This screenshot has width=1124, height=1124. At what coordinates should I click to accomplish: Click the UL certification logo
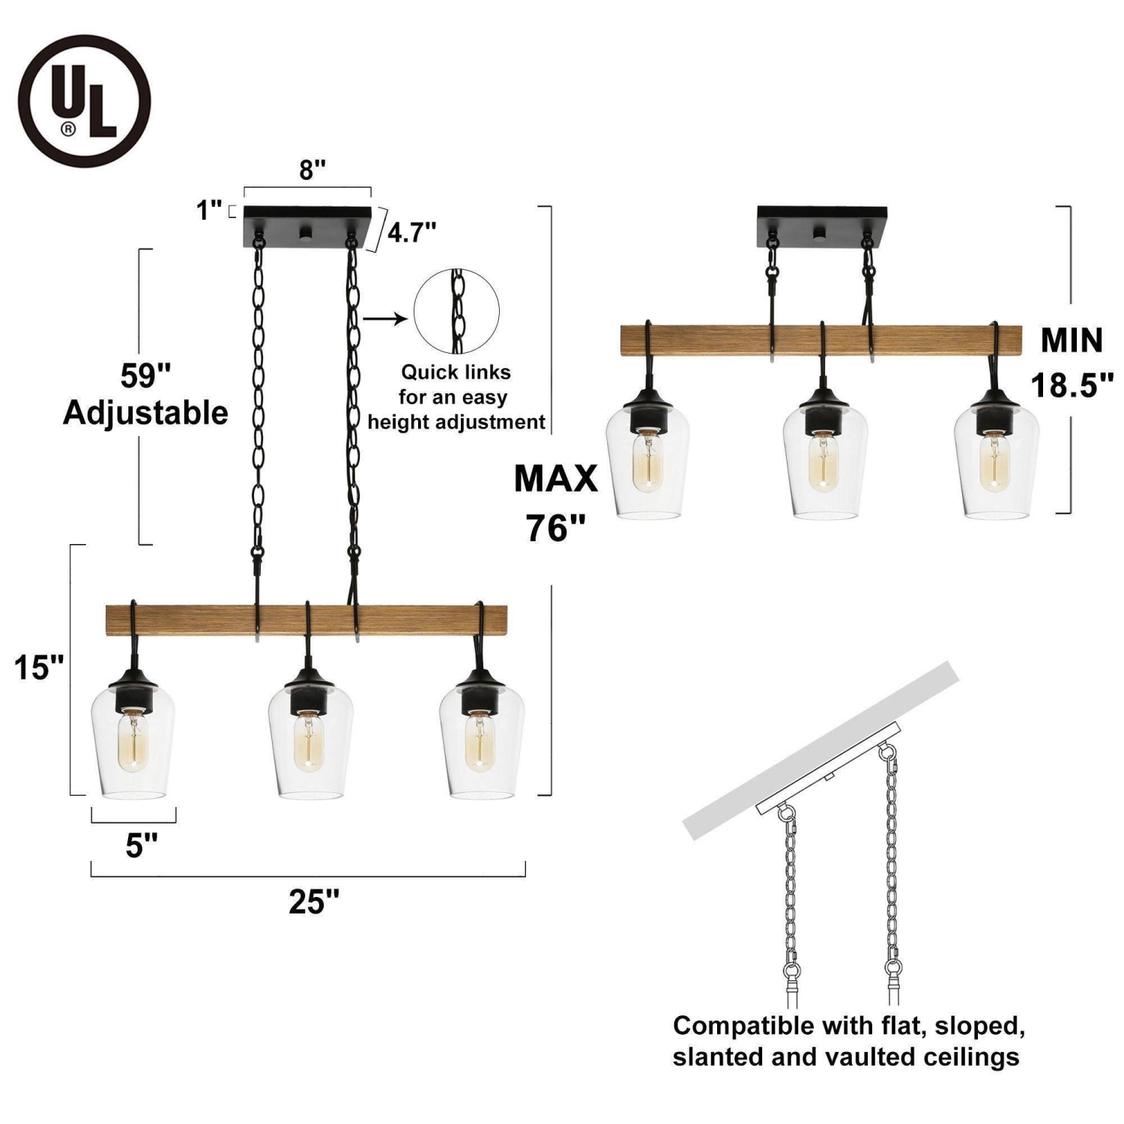click(x=84, y=101)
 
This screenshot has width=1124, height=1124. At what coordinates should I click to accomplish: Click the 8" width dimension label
click(x=312, y=171)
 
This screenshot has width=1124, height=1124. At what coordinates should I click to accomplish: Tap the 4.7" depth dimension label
click(x=411, y=233)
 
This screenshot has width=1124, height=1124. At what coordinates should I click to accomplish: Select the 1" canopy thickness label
click(x=211, y=211)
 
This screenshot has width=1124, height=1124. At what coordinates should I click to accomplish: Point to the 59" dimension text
click(x=146, y=375)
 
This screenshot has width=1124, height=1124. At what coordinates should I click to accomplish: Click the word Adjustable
click(x=145, y=413)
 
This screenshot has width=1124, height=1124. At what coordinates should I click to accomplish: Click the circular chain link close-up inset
click(x=456, y=311)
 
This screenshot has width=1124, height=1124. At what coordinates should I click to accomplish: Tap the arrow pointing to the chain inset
click(x=386, y=319)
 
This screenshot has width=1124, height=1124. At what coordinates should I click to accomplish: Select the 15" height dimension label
click(x=39, y=667)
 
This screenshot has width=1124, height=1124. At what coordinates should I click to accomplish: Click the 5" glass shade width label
click(x=141, y=845)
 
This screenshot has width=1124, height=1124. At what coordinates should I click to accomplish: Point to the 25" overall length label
click(x=314, y=901)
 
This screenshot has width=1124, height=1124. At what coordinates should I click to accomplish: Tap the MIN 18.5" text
click(x=1072, y=363)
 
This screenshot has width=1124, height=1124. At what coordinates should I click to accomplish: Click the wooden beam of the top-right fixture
click(x=821, y=340)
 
